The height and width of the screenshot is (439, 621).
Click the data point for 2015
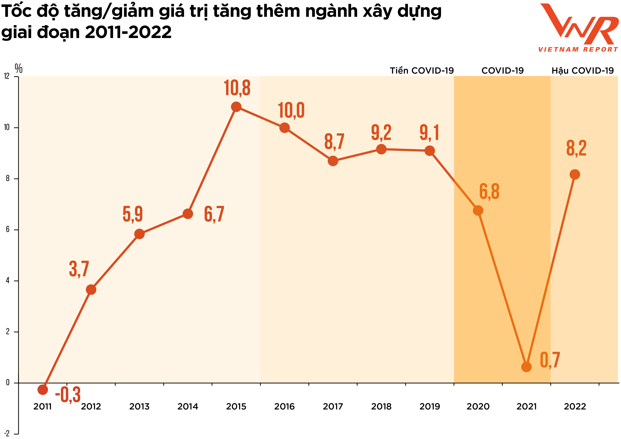pyautogui.click(x=236, y=107)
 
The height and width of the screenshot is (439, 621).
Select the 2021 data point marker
pyautogui.click(x=526, y=367)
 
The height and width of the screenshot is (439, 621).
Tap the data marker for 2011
pyautogui.click(x=43, y=389)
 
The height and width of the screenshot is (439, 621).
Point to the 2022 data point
pyautogui.click(x=574, y=174)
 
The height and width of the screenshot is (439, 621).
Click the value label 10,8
pyautogui.click(x=237, y=88)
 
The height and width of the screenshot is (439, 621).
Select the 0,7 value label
pyautogui.click(x=550, y=360)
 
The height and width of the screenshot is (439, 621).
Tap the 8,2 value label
pyautogui.click(x=576, y=148)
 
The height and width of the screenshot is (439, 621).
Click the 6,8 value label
pyautogui.click(x=489, y=191)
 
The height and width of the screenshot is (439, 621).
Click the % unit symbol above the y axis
pyautogui.click(x=18, y=68)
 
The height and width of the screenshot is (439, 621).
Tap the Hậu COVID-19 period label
pyautogui.click(x=583, y=71)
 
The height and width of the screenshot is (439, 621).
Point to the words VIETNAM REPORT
pyautogui.click(x=578, y=50)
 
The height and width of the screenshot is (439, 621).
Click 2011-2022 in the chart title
pyautogui.click(x=128, y=32)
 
